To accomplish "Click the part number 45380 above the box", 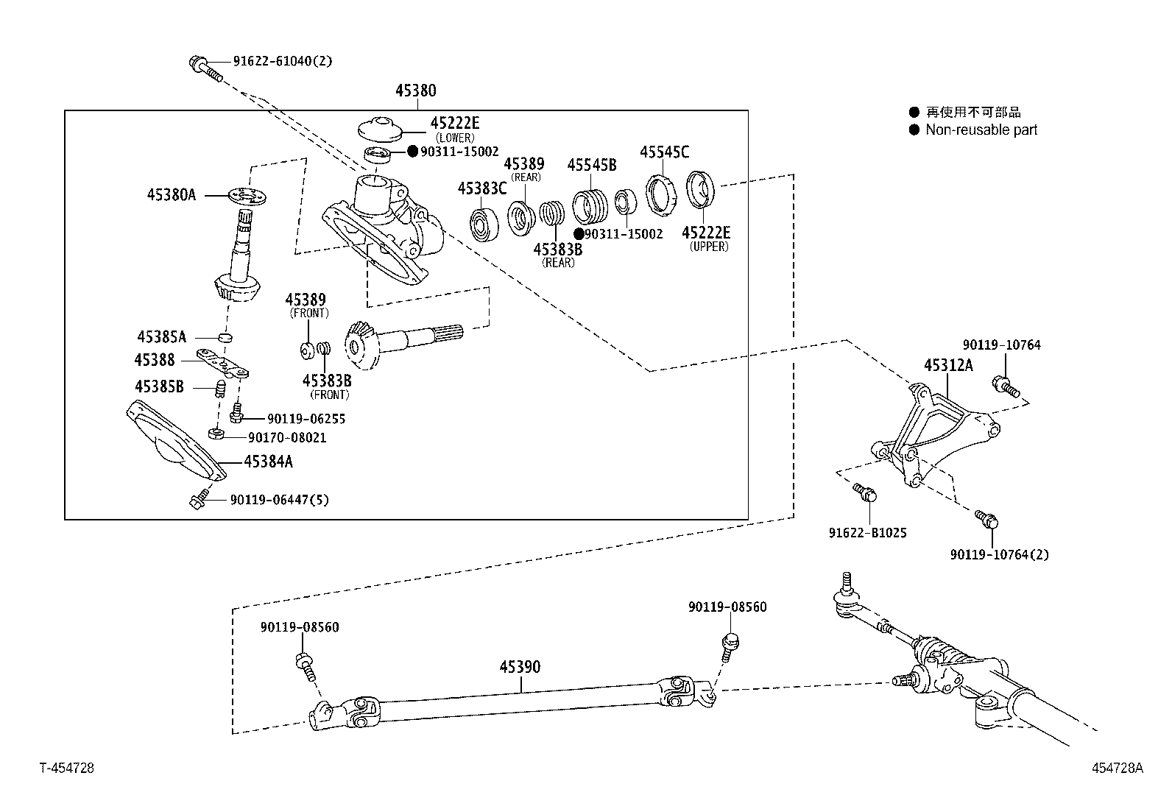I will click(415, 91).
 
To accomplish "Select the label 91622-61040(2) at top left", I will click(283, 61).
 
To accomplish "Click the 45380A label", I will click(171, 195).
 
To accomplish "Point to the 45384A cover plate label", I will click(268, 462).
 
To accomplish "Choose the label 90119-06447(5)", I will click(279, 500).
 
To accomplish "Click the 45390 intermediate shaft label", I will click(520, 667).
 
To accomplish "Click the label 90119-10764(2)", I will click(999, 554).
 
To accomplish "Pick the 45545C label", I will click(664, 152).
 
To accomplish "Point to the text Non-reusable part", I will click(981, 130).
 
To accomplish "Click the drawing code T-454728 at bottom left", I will click(66, 768).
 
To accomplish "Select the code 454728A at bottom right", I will click(1117, 768).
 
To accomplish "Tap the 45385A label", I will click(161, 337).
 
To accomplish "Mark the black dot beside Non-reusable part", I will click(914, 130).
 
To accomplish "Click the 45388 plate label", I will click(155, 360).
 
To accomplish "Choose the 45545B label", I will click(591, 165).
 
